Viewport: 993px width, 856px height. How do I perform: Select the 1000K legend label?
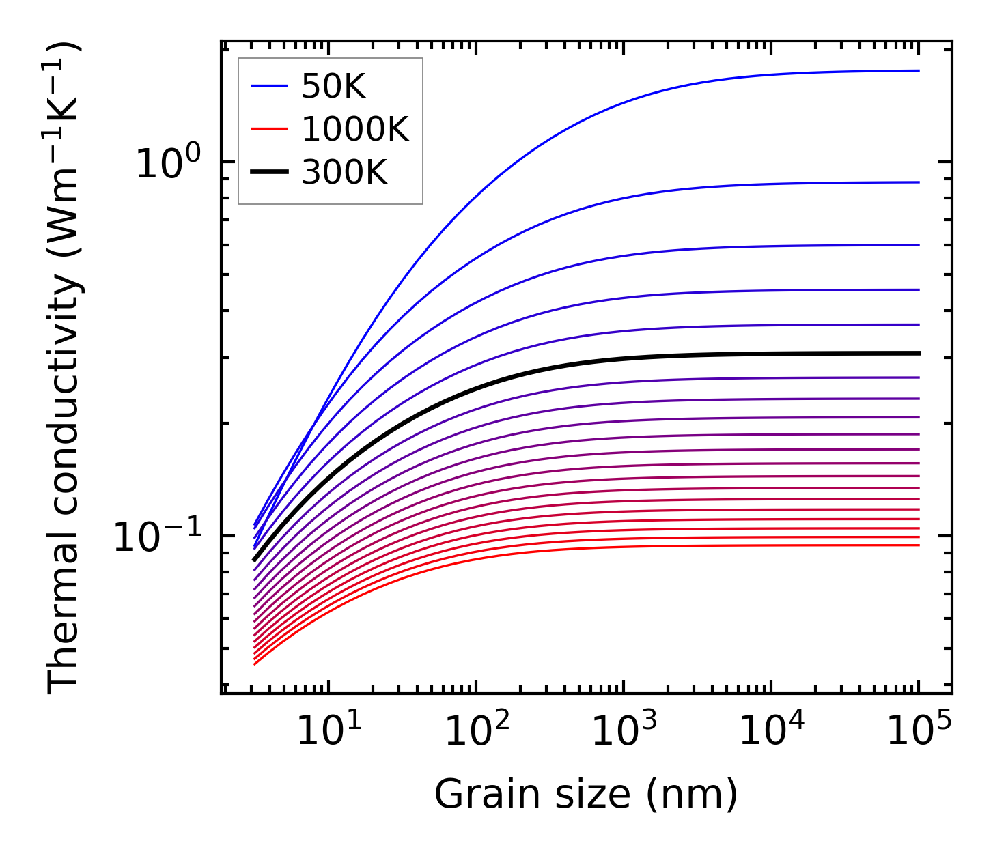coord(354,129)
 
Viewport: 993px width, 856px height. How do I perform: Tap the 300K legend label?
coord(344,173)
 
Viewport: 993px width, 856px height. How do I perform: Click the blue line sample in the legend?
coord(270,86)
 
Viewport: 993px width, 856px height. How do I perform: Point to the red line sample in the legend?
coord(270,129)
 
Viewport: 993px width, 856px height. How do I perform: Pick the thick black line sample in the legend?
coord(270,173)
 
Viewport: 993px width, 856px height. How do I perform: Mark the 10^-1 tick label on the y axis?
coord(157,537)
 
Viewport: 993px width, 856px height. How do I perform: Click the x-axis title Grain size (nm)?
coord(586,795)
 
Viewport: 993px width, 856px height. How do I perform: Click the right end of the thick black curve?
coord(919,353)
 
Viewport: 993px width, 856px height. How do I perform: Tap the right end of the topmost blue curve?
coord(919,70)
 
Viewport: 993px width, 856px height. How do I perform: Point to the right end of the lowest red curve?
coord(919,545)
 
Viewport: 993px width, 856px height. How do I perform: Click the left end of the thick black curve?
coord(254,560)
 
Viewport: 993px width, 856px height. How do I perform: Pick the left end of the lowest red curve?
coord(254,664)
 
